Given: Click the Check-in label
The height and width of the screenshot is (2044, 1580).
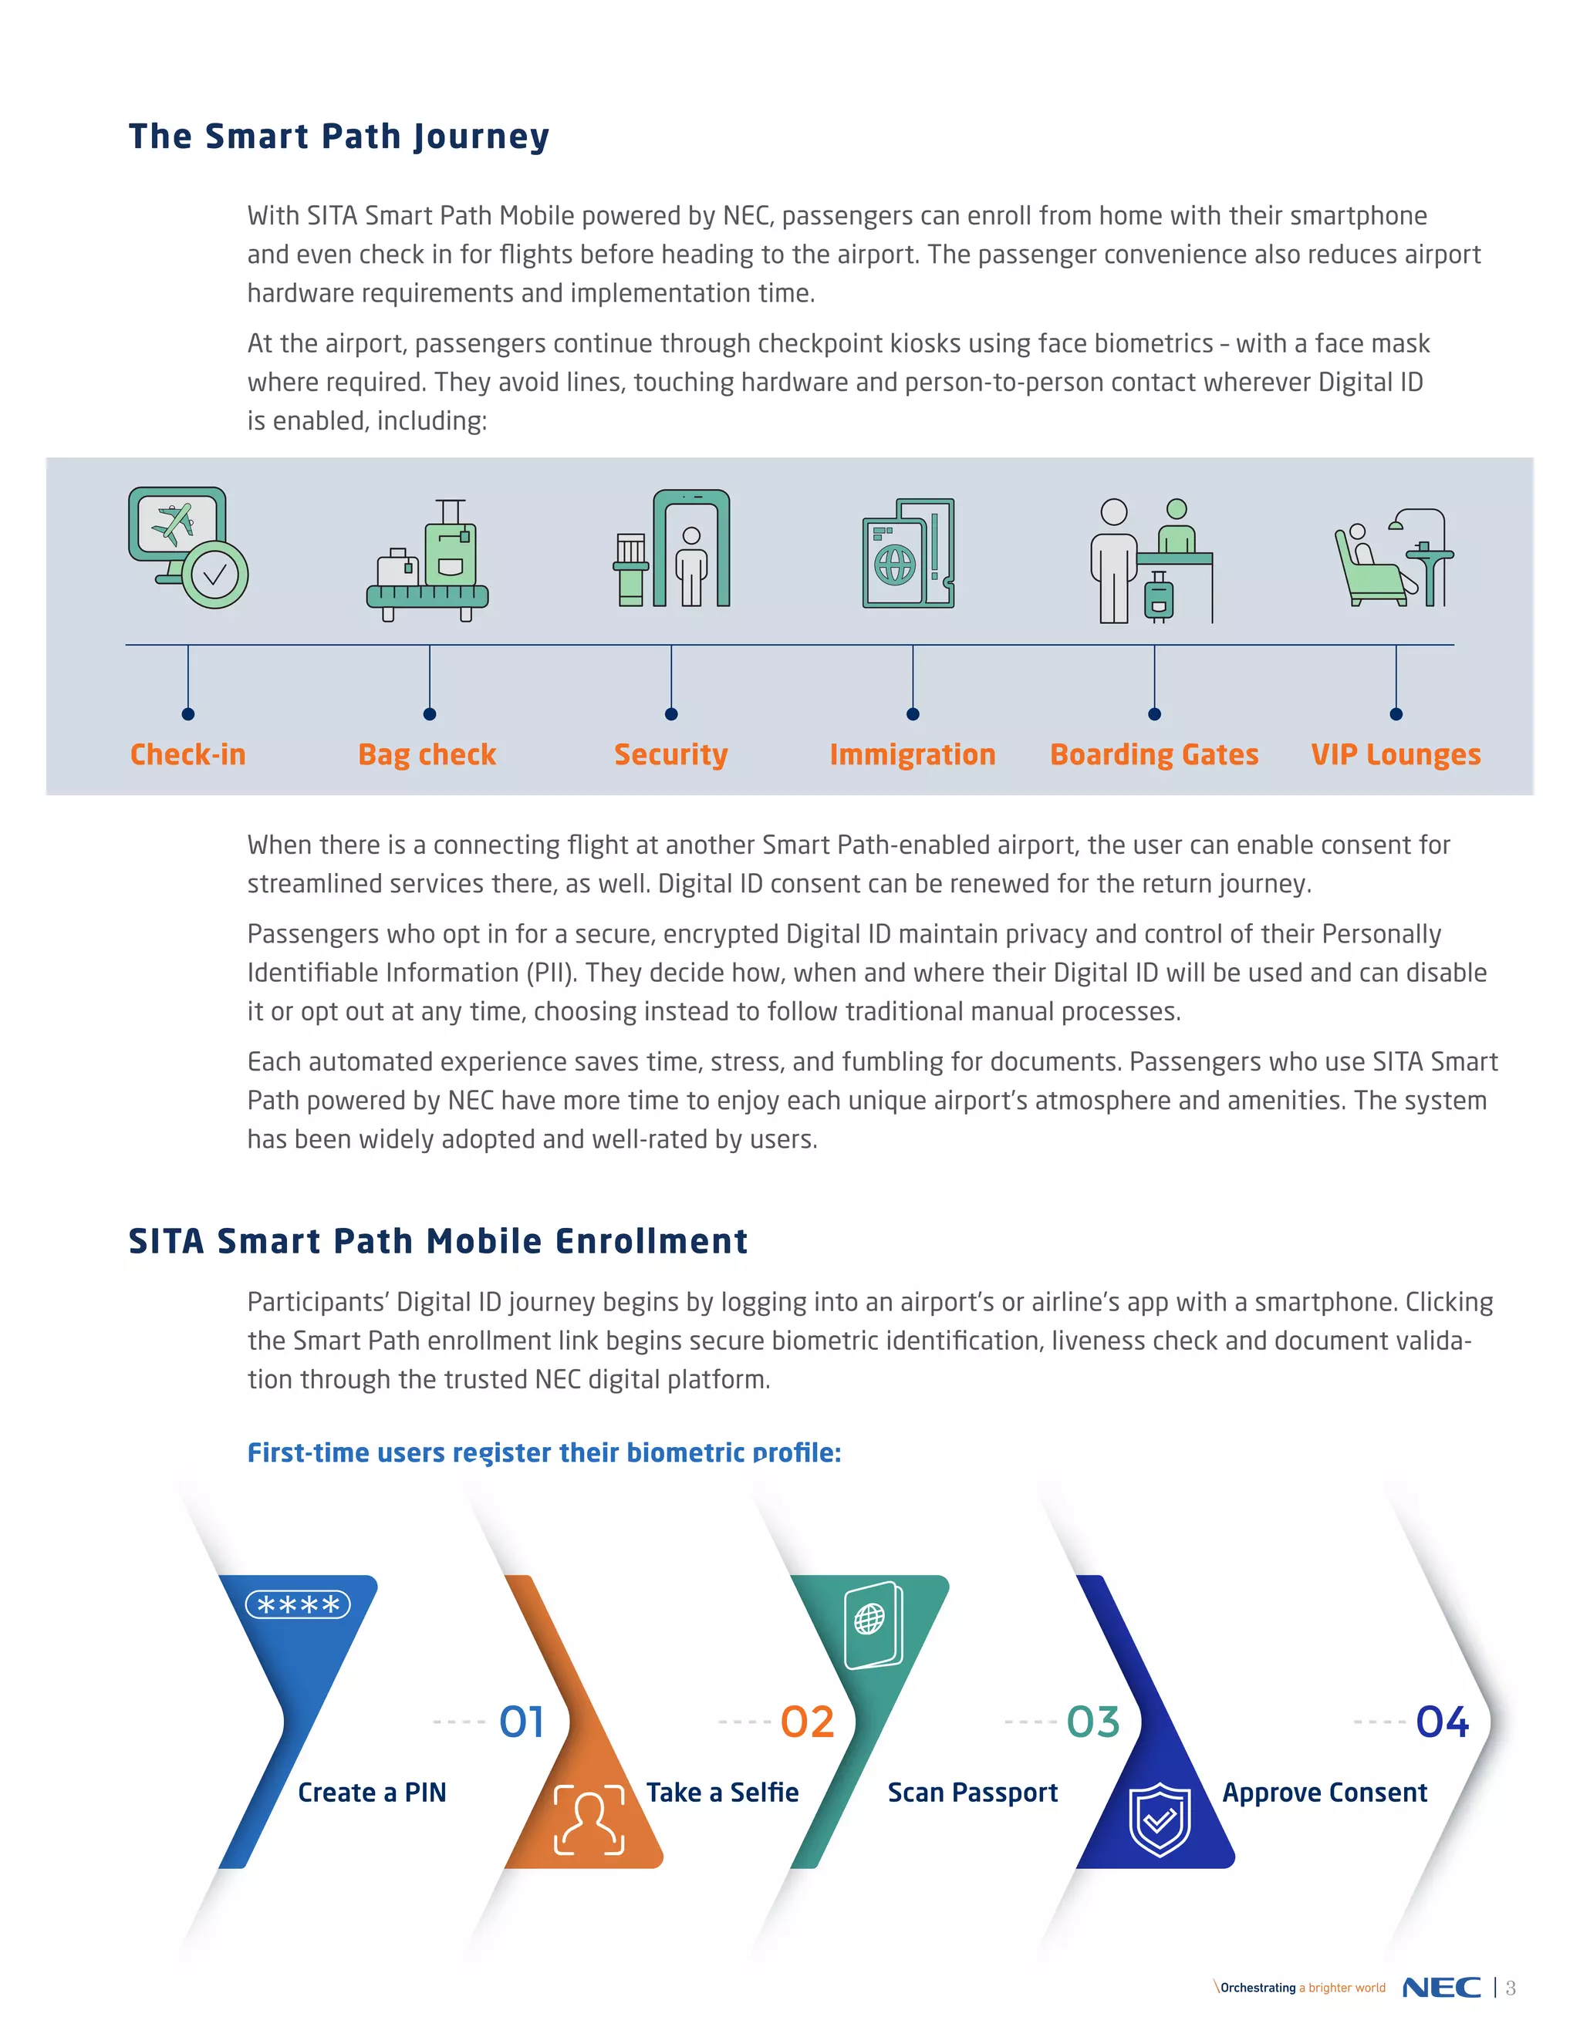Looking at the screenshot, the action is [x=188, y=754].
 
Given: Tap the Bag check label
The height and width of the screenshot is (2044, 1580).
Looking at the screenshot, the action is [x=427, y=755].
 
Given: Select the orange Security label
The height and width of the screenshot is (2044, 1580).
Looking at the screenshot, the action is [x=671, y=755].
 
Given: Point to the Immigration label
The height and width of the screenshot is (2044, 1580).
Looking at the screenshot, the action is [x=913, y=755].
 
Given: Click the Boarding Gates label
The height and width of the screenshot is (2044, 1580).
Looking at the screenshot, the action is [x=1154, y=755].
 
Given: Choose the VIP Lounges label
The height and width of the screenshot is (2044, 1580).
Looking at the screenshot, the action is [x=1396, y=755].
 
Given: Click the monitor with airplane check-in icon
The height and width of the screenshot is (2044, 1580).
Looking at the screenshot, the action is [x=188, y=548].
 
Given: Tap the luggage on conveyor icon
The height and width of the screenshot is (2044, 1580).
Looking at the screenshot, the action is [x=427, y=560].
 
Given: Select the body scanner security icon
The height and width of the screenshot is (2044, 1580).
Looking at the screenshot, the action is [x=672, y=548].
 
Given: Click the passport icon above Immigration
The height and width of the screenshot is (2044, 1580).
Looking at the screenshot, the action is [x=909, y=553].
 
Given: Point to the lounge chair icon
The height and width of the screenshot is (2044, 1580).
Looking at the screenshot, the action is [x=1394, y=558].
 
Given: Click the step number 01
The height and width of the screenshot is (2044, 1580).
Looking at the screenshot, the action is [x=522, y=1722].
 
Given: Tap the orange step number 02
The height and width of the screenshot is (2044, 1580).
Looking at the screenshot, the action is [x=807, y=1722].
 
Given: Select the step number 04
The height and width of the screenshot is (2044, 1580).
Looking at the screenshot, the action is [x=1443, y=1722].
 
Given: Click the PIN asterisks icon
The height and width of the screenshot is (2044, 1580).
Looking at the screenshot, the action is [x=298, y=1605].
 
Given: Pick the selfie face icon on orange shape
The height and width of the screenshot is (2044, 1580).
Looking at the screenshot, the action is [x=589, y=1820].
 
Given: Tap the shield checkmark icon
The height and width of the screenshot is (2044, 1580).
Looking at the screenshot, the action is [x=1160, y=1820].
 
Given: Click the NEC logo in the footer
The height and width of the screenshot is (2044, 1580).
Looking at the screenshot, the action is [x=1441, y=1987].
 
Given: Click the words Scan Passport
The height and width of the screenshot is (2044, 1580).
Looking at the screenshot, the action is [x=973, y=1793].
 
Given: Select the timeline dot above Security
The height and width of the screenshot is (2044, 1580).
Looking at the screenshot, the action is [x=671, y=714].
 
